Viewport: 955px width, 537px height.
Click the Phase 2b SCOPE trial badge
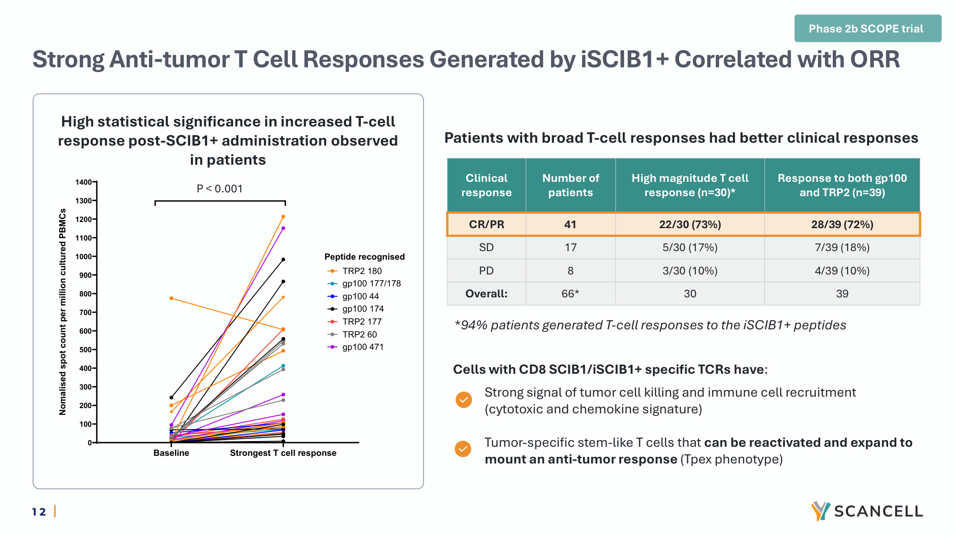click(x=868, y=29)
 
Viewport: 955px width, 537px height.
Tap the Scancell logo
click(x=867, y=511)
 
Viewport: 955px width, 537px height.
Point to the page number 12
click(x=39, y=512)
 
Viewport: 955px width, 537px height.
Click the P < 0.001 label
click(x=220, y=189)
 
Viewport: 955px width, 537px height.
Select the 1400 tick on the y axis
click(x=84, y=182)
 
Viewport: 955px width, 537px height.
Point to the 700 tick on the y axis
click(x=85, y=312)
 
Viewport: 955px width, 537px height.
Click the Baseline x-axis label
click(x=171, y=453)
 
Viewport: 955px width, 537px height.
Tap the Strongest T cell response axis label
click(x=283, y=453)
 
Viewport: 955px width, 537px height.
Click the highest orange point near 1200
click(x=283, y=217)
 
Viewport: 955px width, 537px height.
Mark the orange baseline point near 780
click(x=171, y=298)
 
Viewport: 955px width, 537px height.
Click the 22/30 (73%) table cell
click(x=690, y=224)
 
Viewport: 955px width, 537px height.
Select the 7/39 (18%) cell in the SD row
click(x=842, y=247)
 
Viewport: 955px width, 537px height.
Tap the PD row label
click(x=486, y=271)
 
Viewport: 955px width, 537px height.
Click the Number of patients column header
click(x=571, y=185)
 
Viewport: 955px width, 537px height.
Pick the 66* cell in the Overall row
click(x=570, y=294)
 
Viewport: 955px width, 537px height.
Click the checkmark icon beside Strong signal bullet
click(x=464, y=400)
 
